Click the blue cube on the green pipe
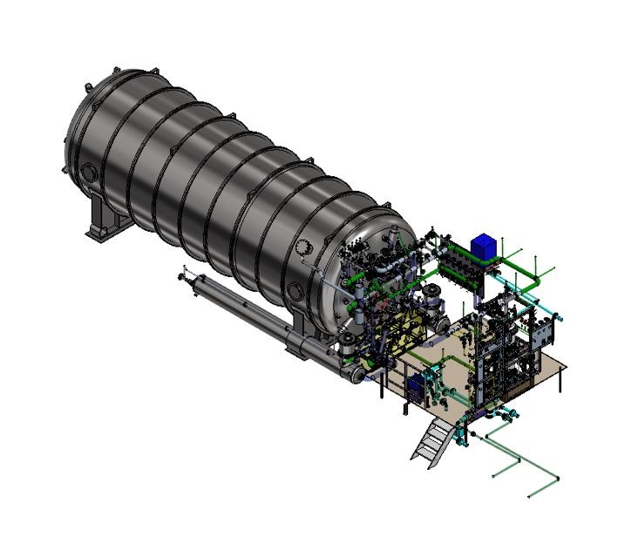[481, 246]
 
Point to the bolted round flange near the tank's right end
[303, 248]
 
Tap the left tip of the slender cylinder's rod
[180, 277]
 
